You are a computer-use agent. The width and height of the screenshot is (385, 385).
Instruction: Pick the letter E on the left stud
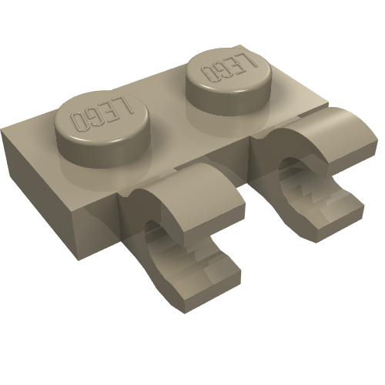[110, 112]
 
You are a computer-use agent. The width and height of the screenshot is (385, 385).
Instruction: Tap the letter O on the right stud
[209, 74]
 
